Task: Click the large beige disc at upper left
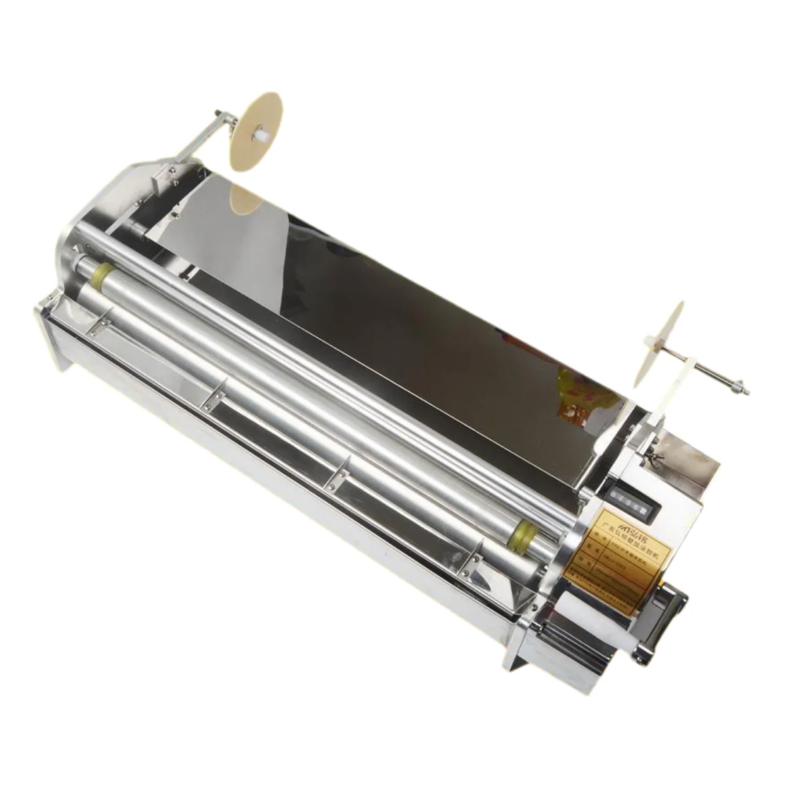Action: tap(255, 131)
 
